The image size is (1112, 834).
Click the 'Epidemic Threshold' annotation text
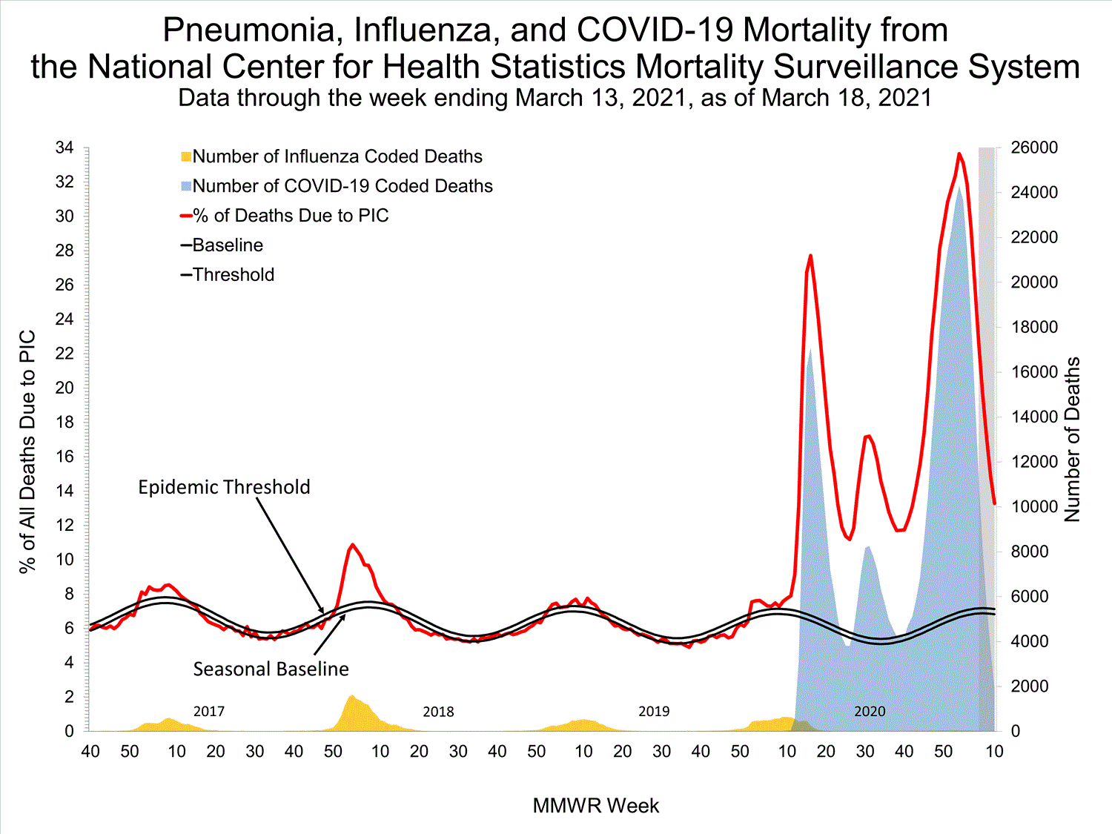224,487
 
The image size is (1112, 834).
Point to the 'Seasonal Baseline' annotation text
271,669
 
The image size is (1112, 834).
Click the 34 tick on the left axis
64,148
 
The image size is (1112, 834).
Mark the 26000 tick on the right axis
1034,148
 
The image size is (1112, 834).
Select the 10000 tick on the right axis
1034,507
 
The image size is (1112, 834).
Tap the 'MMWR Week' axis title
595,806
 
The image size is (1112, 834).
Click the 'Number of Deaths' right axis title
1073,440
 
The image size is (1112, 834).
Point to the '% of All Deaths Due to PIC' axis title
27,451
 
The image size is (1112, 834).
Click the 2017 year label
209,712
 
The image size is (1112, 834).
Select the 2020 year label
870,712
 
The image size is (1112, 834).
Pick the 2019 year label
654,712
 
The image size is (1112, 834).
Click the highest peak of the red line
959,153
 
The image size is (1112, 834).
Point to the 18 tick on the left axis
64,422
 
